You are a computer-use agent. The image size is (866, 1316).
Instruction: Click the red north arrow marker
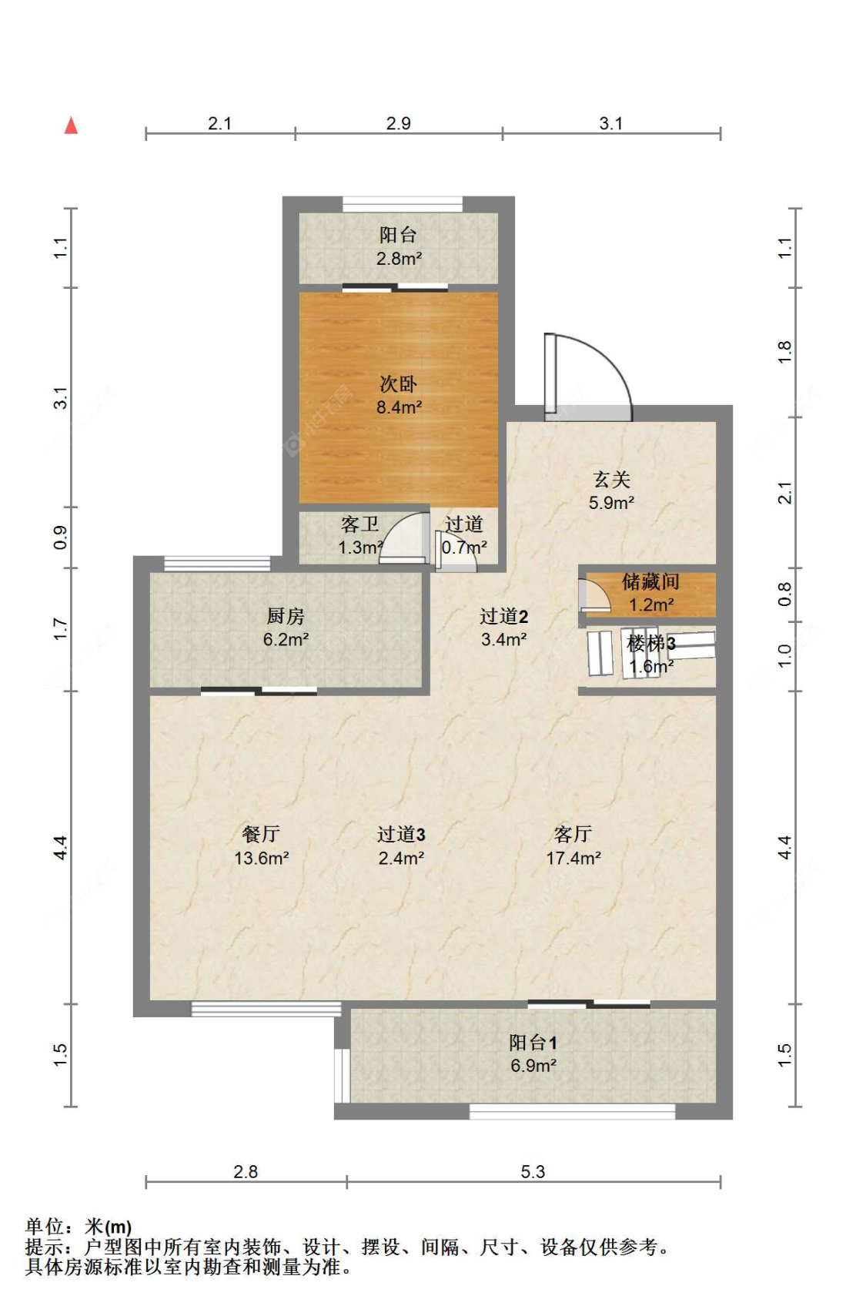[71, 126]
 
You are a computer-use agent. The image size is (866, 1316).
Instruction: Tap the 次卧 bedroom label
[398, 383]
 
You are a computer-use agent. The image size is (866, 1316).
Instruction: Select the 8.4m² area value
[400, 407]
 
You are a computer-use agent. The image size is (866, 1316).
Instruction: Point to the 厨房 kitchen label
[286, 616]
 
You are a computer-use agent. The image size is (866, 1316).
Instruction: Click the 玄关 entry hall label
[612, 480]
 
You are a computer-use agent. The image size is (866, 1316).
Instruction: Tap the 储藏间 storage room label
[650, 581]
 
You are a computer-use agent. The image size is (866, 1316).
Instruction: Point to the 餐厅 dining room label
[261, 834]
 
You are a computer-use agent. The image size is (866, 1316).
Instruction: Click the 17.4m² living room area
[573, 859]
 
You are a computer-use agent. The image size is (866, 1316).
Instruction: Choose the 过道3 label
[401, 834]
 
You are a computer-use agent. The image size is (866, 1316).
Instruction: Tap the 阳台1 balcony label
[533, 1043]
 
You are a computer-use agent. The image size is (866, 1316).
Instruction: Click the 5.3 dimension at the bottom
[533, 1171]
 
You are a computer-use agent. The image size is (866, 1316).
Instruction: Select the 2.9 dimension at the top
[398, 123]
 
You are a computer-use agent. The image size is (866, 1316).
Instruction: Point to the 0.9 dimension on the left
[61, 537]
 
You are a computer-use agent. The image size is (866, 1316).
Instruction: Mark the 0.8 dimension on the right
[784, 594]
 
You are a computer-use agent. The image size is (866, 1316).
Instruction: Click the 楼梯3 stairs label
[651, 644]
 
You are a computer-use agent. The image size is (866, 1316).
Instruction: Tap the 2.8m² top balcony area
[400, 258]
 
